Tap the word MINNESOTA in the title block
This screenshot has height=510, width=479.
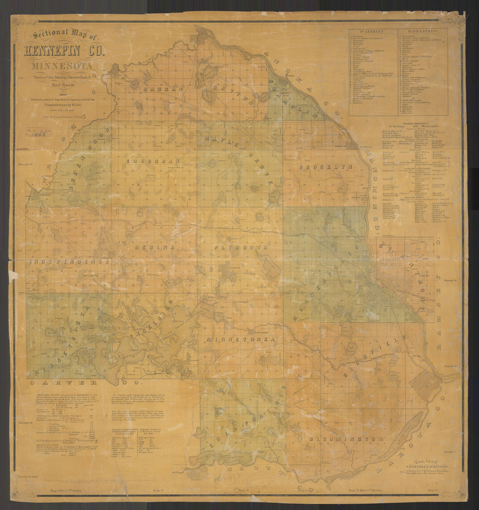pyautogui.click(x=62, y=66)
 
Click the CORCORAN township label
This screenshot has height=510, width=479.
pyautogui.click(x=153, y=161)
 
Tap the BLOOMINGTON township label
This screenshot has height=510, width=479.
pyautogui.click(x=346, y=439)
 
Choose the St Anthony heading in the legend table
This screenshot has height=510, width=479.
pyautogui.click(x=373, y=31)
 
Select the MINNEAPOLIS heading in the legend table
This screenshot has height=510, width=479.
pyautogui.click(x=423, y=31)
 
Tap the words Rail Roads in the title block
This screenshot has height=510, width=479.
pyautogui.click(x=63, y=84)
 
